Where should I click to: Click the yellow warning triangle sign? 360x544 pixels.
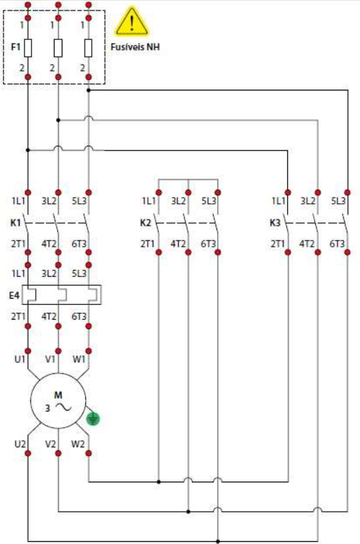point(132,22)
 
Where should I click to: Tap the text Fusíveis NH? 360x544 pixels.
point(135,47)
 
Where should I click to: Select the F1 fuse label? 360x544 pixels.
point(15,47)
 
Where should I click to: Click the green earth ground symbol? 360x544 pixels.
point(93,419)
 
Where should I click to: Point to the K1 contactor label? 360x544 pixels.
point(15,223)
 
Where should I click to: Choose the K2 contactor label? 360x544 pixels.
point(146,223)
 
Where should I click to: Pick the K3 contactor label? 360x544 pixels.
point(275,223)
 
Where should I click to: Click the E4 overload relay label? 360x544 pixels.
point(14,296)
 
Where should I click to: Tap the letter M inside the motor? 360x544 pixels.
point(58,395)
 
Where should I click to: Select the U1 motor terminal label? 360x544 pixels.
point(20,359)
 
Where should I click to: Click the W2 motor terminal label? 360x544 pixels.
point(78,444)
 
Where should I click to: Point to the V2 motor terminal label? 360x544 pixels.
point(50,444)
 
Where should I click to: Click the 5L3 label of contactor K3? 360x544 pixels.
point(338,201)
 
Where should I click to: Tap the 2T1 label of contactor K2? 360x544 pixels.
point(147,244)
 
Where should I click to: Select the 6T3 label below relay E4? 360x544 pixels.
point(79,316)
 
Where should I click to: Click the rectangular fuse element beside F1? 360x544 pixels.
point(28,48)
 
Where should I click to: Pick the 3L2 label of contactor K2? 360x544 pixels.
point(179,201)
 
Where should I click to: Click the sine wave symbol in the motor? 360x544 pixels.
point(64,407)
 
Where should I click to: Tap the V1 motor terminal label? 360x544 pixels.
point(50,359)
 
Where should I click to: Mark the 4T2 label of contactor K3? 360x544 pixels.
point(307,244)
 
